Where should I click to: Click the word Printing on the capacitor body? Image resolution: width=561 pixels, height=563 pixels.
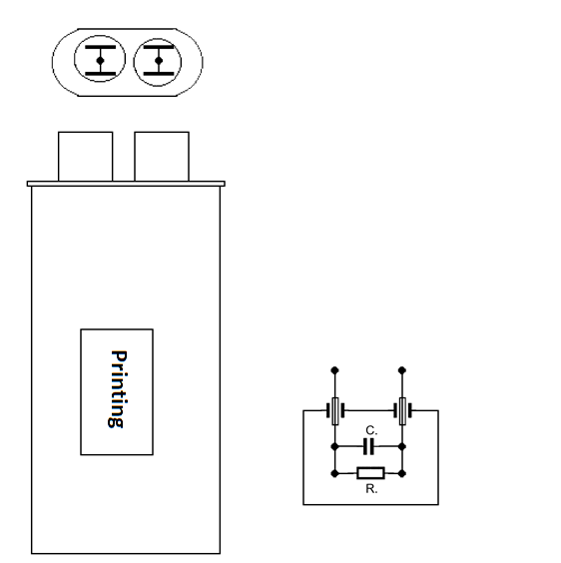tap(118, 389)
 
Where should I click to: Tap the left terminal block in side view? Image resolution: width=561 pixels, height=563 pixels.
tap(86, 157)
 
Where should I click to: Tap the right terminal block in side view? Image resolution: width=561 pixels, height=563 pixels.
tap(162, 157)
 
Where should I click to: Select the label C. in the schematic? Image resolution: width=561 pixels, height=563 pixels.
tap(371, 430)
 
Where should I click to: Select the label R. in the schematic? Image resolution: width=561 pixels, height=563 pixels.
tap(371, 489)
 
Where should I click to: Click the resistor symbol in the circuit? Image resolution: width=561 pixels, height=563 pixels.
tap(370, 473)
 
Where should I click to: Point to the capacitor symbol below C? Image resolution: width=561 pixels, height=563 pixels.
tap(369, 446)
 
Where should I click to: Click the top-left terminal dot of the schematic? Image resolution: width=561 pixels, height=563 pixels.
tap(334, 370)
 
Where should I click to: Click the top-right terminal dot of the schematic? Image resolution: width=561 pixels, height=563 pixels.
tap(402, 370)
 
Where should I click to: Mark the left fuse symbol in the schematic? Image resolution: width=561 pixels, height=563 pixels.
tap(335, 411)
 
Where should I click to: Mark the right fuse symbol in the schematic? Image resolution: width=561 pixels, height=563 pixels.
tap(402, 411)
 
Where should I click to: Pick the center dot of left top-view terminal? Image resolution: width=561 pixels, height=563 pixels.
tap(100, 61)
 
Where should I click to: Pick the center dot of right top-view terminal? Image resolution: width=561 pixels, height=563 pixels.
tap(159, 61)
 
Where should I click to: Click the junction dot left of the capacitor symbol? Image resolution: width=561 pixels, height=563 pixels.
tap(334, 446)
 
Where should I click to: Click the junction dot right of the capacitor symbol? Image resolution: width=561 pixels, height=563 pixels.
tap(402, 446)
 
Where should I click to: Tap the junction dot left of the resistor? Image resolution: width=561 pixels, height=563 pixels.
tap(334, 473)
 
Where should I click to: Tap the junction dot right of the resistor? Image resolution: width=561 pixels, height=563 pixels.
tap(402, 473)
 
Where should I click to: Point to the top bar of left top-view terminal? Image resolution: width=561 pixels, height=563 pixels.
tap(100, 47)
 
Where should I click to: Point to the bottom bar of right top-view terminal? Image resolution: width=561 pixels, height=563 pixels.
tap(159, 74)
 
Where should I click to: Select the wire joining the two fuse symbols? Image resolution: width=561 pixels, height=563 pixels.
tap(369, 410)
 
